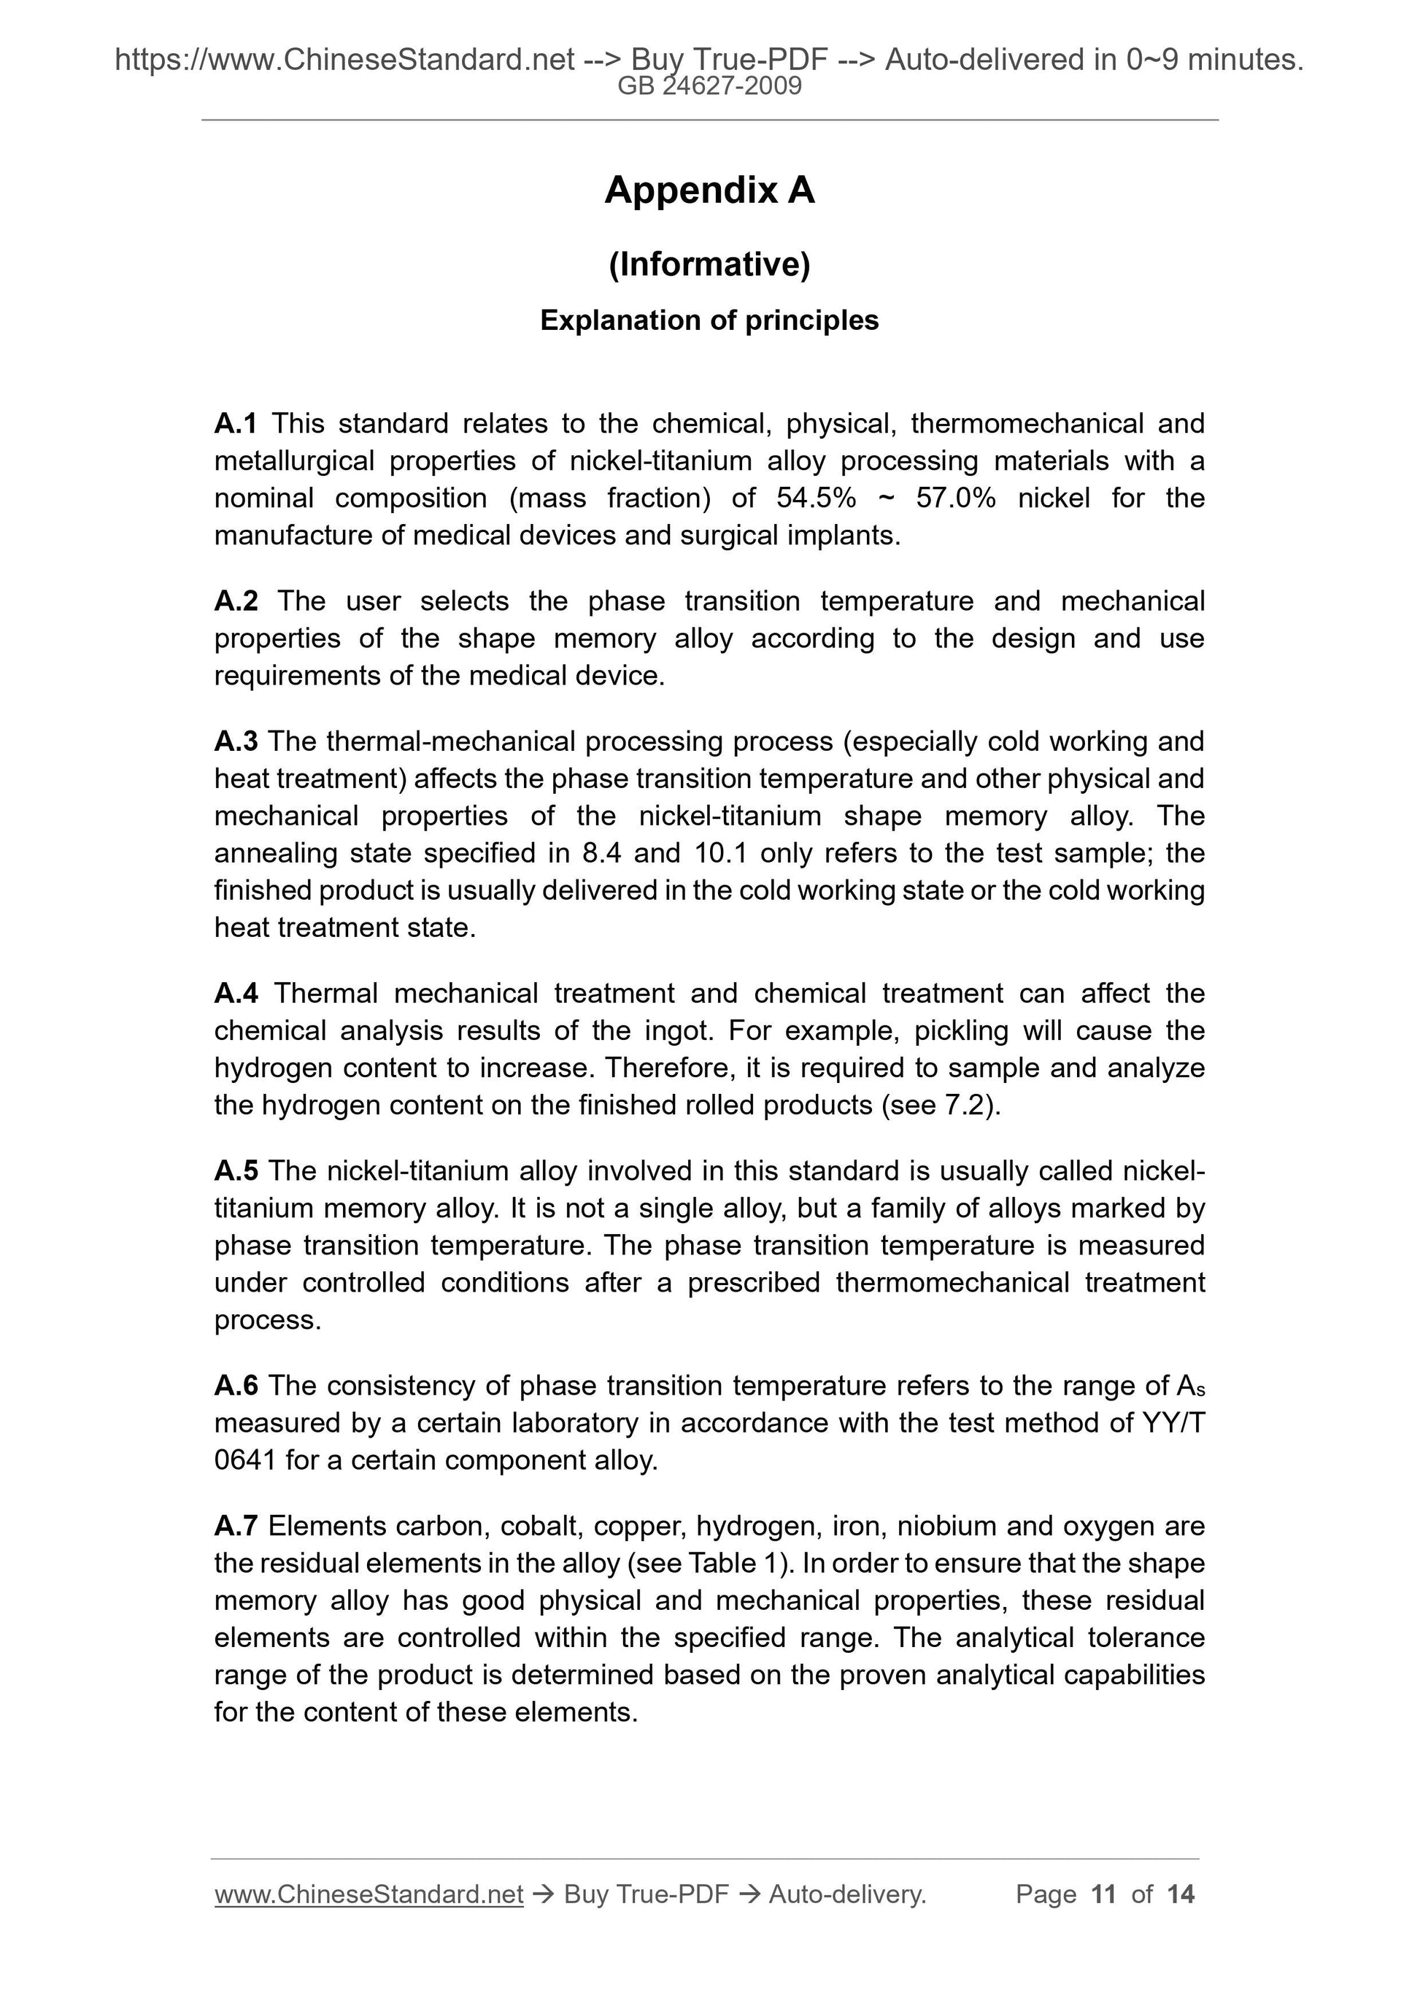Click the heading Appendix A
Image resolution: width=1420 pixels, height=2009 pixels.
pos(709,190)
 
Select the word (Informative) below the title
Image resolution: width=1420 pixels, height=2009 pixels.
pos(709,264)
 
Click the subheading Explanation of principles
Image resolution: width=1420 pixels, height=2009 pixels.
pos(709,320)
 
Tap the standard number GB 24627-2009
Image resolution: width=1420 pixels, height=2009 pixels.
pos(709,86)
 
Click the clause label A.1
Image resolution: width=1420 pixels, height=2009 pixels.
pos(236,423)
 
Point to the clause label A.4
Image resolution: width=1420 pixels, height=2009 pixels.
pos(236,993)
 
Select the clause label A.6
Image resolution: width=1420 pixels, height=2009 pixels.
pos(236,1385)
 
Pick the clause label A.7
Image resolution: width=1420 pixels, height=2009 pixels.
pos(236,1526)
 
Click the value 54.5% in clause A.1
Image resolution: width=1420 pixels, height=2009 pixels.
pos(815,498)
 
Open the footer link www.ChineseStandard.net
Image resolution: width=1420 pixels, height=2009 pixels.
pos(368,1894)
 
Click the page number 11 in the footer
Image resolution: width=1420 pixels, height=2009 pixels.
pos(1103,1894)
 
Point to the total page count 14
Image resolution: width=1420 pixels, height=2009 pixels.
pos(1180,1894)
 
